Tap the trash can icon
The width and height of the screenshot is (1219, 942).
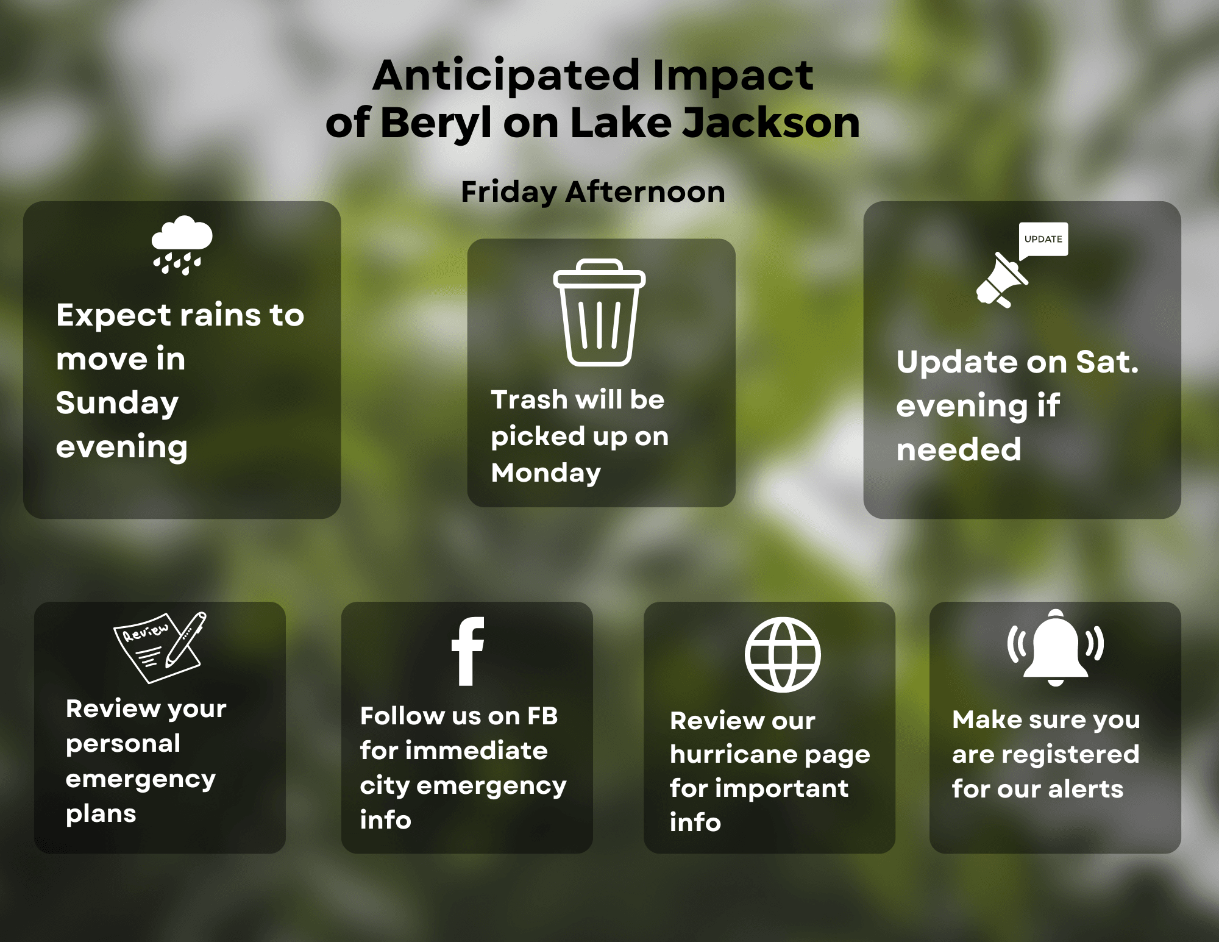click(x=599, y=312)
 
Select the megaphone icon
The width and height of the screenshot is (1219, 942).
click(x=1001, y=280)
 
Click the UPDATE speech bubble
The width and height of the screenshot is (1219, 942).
click(x=1043, y=240)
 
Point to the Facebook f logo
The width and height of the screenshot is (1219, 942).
click(x=468, y=651)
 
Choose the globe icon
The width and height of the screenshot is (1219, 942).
click(x=783, y=655)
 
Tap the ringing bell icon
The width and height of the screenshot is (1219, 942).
click(x=1056, y=648)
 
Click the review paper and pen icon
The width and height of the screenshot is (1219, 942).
click(x=160, y=647)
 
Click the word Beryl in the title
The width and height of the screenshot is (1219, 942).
click(x=436, y=123)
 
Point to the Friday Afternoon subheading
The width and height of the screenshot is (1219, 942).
click(x=593, y=192)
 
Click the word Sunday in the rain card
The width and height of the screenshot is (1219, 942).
click(x=117, y=404)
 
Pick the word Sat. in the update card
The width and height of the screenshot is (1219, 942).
click(x=1107, y=362)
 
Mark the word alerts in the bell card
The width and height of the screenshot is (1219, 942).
click(x=1086, y=790)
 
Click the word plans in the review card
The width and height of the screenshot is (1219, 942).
click(x=101, y=815)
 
